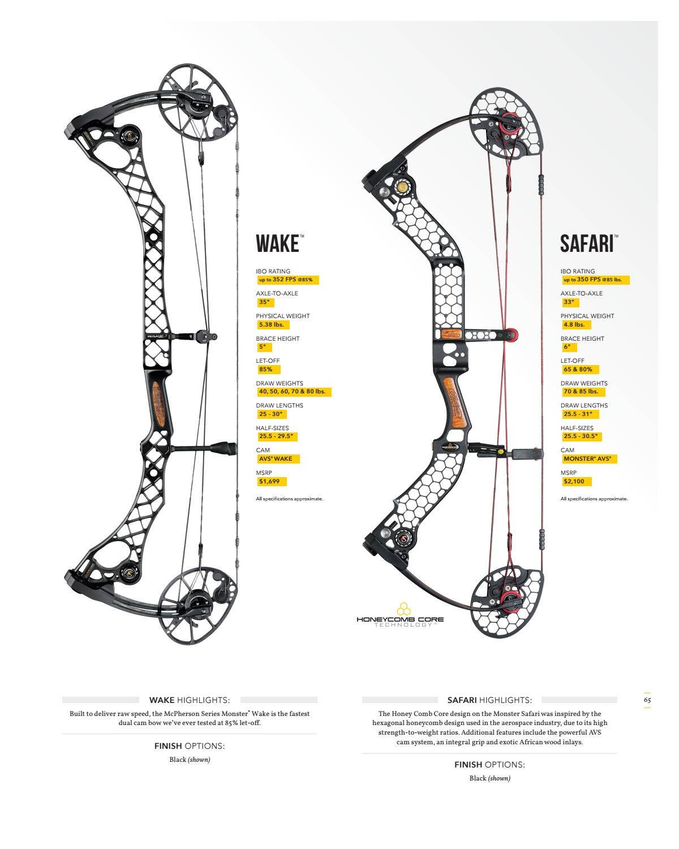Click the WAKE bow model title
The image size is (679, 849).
pyautogui.click(x=277, y=244)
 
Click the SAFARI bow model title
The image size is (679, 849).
pyautogui.click(x=587, y=244)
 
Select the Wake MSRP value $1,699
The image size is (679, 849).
pyautogui.click(x=272, y=482)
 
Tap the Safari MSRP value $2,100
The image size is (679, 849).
pyautogui.click(x=576, y=482)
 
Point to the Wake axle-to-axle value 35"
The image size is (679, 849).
pyautogui.click(x=264, y=302)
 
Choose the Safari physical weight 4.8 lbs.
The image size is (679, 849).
pyautogui.click(x=575, y=325)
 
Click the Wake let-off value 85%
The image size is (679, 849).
pyautogui.click(x=266, y=370)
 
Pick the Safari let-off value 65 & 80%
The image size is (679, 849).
pyautogui.click(x=578, y=370)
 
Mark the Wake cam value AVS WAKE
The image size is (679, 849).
pyautogui.click(x=276, y=459)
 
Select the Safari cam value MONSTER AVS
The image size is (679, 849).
pyautogui.click(x=588, y=459)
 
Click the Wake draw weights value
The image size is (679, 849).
pyautogui.click(x=293, y=392)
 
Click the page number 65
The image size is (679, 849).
pyautogui.click(x=647, y=700)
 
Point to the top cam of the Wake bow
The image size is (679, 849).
pyautogui.click(x=195, y=101)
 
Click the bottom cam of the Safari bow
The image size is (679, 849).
pyautogui.click(x=508, y=601)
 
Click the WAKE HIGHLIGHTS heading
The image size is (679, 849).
pyautogui.click(x=190, y=700)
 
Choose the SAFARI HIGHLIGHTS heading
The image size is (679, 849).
pyautogui.click(x=489, y=700)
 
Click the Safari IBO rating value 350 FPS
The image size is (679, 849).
pyautogui.click(x=595, y=280)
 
